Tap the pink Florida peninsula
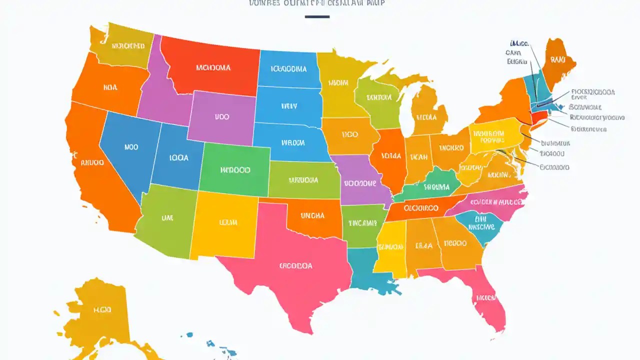pyautogui.click(x=482, y=295)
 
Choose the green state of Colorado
pyautogui.click(x=235, y=170)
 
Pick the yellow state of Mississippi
pyautogui.click(x=390, y=247)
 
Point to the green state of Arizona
pyautogui.click(x=165, y=220)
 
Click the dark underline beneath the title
pyautogui.click(x=317, y=17)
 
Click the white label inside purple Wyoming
pyautogui.click(x=222, y=116)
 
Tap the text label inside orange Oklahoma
pyautogui.click(x=312, y=215)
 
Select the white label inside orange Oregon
pyautogui.click(x=110, y=87)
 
